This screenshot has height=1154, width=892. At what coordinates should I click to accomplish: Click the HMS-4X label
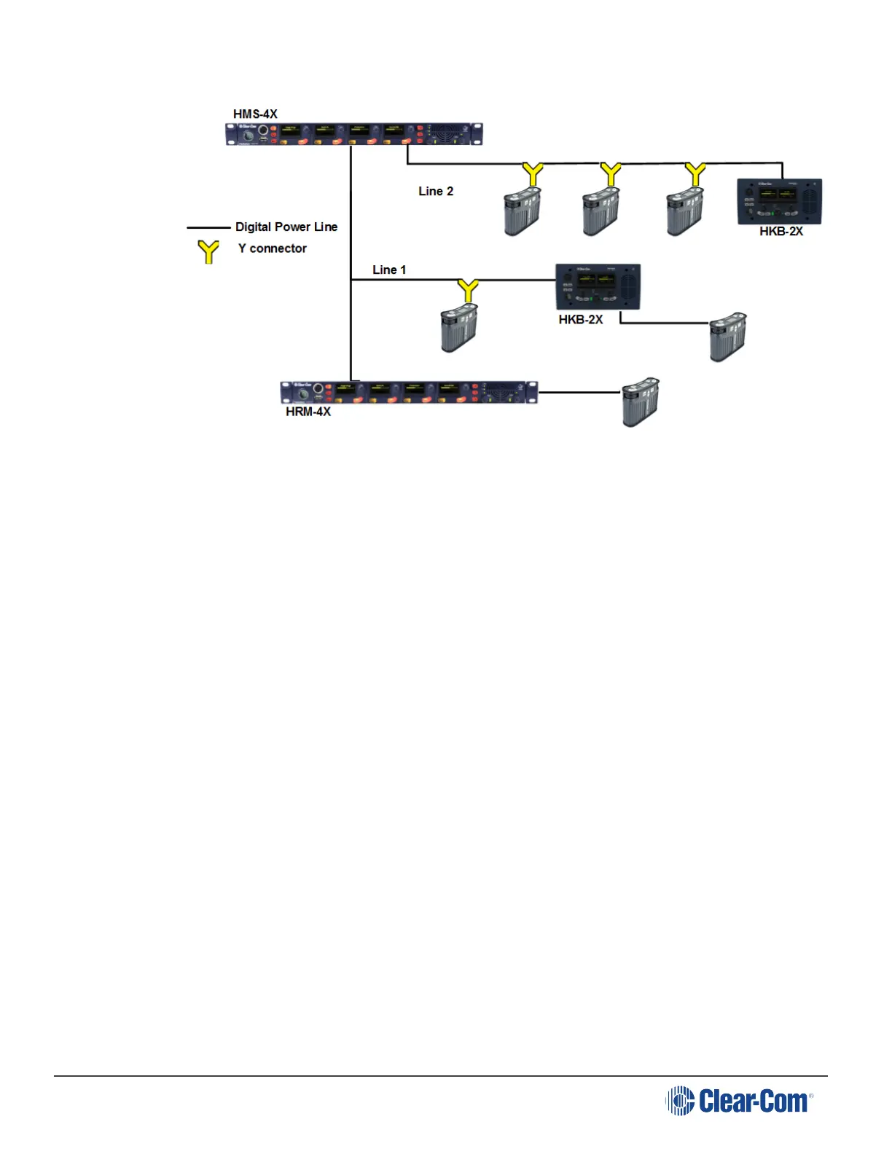255,114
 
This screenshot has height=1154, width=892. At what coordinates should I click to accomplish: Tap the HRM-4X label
308,412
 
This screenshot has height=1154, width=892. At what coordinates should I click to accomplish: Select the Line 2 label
436,192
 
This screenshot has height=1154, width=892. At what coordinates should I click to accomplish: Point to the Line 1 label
389,270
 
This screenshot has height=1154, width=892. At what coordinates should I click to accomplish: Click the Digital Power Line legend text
286,227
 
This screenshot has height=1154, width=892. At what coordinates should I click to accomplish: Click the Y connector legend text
273,248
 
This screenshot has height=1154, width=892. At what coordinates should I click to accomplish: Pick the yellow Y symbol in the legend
209,251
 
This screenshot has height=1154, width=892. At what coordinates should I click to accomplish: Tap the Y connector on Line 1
468,290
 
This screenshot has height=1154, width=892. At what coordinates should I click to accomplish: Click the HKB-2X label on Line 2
781,232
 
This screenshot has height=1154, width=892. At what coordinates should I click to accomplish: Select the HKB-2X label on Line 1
581,320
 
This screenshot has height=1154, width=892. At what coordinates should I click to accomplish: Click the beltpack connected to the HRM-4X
641,401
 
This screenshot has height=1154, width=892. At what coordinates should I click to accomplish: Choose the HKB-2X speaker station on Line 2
780,201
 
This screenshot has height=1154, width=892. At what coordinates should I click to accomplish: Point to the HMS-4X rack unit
354,134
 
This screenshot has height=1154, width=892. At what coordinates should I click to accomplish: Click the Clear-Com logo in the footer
739,1100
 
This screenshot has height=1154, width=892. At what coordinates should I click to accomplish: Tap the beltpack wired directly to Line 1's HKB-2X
728,336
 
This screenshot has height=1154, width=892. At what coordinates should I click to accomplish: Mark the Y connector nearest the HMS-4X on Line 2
533,174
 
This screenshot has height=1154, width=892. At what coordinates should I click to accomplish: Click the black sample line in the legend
208,227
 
